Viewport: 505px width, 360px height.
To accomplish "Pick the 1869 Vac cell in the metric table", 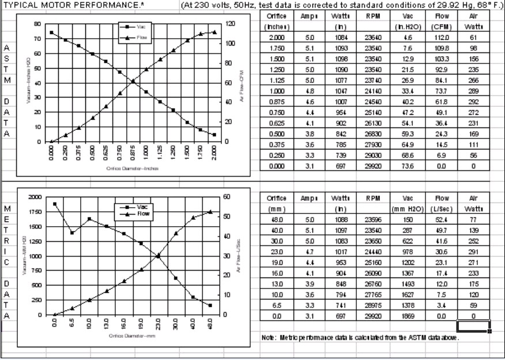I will (x=409, y=316).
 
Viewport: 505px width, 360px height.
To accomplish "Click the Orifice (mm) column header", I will (x=272, y=202).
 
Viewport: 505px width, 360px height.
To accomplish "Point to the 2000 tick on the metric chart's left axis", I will (x=35, y=197).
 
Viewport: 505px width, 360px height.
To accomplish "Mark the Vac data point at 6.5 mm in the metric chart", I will (x=71, y=232).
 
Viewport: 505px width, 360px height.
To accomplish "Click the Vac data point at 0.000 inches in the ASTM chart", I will (x=51, y=32).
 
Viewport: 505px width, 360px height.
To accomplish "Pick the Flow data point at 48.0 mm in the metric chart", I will (x=210, y=212).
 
